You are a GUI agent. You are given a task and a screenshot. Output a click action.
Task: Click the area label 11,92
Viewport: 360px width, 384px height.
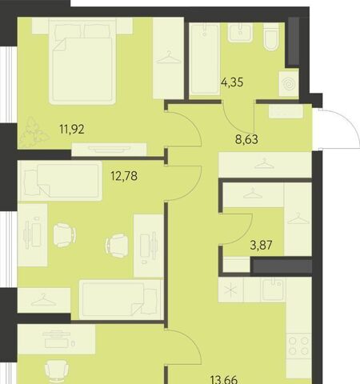pyautogui.click(x=72, y=130)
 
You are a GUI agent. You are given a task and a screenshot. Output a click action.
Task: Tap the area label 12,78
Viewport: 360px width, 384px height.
pyautogui.click(x=124, y=176)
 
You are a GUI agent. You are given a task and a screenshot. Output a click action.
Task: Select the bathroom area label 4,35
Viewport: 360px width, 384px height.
pyautogui.click(x=232, y=82)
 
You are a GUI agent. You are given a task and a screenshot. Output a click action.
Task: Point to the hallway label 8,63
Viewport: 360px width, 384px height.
pyautogui.click(x=246, y=139)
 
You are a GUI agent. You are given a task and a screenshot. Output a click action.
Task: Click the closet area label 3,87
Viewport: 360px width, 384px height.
pyautogui.click(x=262, y=245)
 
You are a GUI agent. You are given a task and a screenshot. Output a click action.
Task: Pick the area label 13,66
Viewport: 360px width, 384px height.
pyautogui.click(x=224, y=380)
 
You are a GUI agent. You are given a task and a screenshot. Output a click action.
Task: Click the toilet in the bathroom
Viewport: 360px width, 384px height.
pyautogui.click(x=271, y=37)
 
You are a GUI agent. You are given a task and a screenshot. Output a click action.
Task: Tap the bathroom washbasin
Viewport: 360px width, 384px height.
pyautogui.click(x=240, y=32)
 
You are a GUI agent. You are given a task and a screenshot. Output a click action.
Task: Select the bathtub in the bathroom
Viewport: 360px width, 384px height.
pyautogui.click(x=205, y=59)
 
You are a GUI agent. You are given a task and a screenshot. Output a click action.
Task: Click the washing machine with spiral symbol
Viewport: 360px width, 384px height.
pyautogui.click(x=289, y=84)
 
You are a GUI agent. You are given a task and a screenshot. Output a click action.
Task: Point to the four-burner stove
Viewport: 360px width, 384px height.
pyautogui.click(x=299, y=347)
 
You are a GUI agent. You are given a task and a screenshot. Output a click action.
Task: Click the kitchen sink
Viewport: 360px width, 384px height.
pyautogui.click(x=273, y=290)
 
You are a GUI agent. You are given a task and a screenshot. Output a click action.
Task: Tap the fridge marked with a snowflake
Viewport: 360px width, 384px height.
pyautogui.click(x=230, y=290)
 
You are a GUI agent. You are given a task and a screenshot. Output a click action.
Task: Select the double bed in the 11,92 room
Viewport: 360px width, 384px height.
pyautogui.click(x=82, y=61)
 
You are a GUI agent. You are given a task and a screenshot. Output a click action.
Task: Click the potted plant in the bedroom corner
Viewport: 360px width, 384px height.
pyautogui.click(x=34, y=132)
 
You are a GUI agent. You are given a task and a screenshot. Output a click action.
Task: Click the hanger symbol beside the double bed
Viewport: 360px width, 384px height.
pyautogui.click(x=169, y=58)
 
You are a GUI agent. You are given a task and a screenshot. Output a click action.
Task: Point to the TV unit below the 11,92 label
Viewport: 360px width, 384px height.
pyautogui.click(x=109, y=150)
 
